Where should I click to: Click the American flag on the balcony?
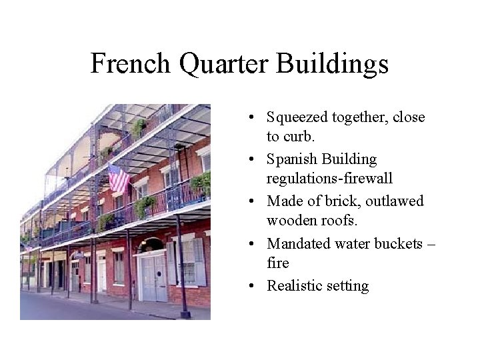click(x=119, y=179)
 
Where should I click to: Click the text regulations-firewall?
click(x=329, y=179)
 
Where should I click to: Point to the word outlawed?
click(x=395, y=201)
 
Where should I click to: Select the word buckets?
click(x=397, y=243)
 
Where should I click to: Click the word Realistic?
click(x=293, y=285)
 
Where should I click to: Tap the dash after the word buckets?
click(x=430, y=244)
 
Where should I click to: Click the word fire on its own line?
click(x=278, y=263)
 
